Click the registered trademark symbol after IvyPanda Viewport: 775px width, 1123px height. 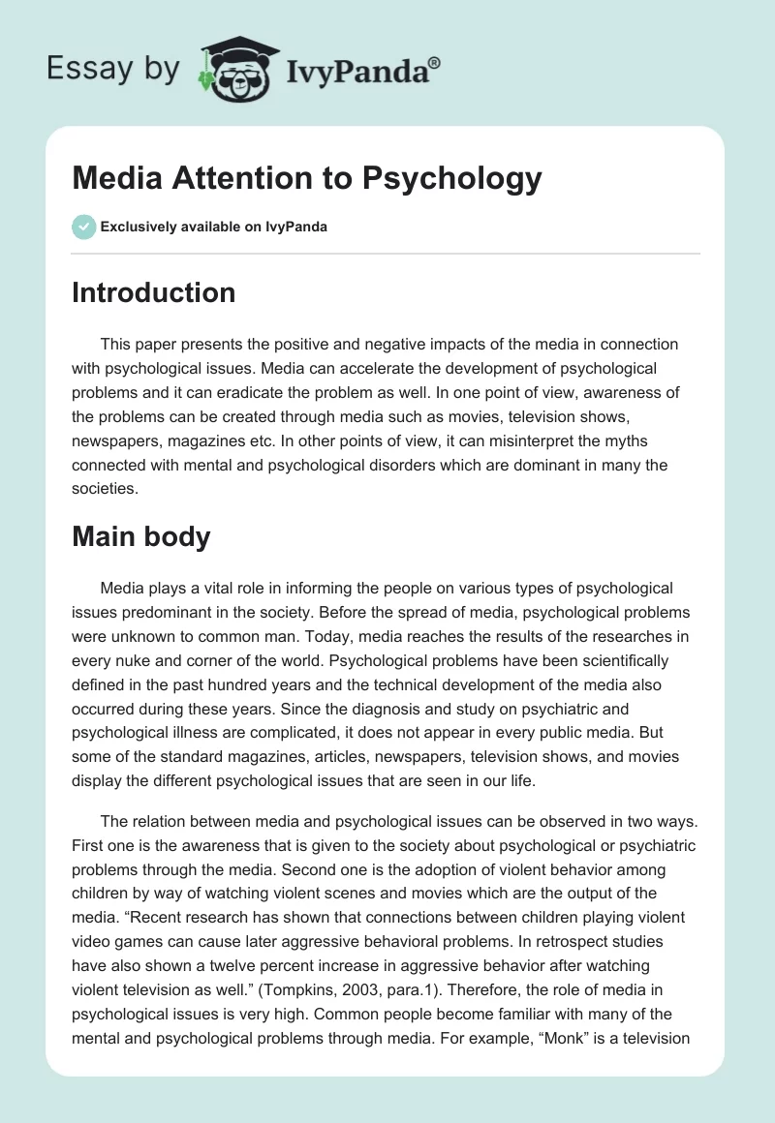[x=434, y=65]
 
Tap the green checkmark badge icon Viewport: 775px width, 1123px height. [x=83, y=227]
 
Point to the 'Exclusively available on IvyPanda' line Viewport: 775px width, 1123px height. [x=214, y=228]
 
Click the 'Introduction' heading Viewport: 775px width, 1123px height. [x=153, y=292]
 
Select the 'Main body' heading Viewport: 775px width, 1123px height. [x=140, y=536]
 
